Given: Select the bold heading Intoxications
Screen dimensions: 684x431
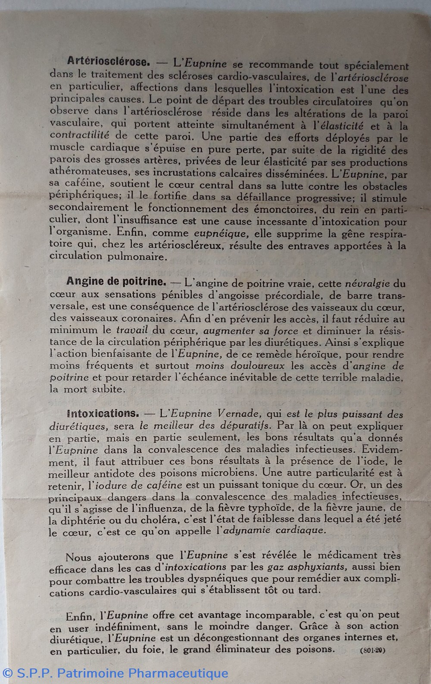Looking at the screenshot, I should click(103, 414).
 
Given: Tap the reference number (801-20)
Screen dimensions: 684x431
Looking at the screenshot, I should click(373, 650).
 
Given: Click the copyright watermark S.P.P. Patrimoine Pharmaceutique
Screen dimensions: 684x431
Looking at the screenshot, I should click(115, 673).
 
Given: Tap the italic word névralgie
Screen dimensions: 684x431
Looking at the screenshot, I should click(368, 284).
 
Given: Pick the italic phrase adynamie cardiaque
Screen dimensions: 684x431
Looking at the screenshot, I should click(272, 531).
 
